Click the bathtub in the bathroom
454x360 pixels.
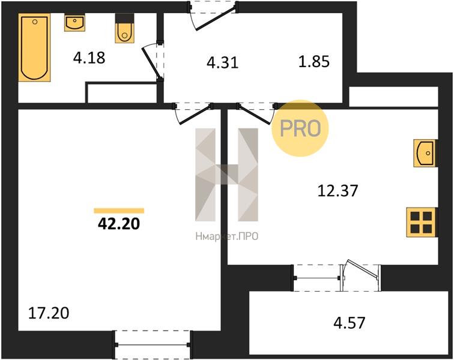point(34,47)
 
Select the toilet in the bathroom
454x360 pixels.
point(124,28)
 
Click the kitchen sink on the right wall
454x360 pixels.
point(425,153)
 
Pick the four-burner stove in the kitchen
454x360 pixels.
point(422,222)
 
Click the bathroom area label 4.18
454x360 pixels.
point(89,58)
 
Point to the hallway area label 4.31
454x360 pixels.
point(222,62)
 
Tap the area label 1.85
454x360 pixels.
point(314,62)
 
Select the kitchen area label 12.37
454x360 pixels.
point(337,191)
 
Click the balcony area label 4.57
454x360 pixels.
point(349,323)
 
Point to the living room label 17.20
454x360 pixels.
point(49,313)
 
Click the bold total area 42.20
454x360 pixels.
point(119,223)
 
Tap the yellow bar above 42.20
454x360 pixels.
point(119,211)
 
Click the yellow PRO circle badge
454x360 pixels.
point(300,128)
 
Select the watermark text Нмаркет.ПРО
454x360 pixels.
point(227,237)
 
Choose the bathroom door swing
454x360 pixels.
point(153,62)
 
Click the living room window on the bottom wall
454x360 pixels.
point(153,344)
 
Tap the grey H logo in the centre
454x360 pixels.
point(227,175)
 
